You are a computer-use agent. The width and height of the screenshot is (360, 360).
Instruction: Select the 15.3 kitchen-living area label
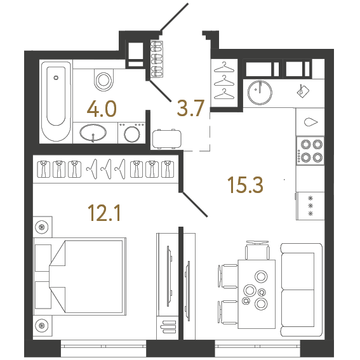point(245,185)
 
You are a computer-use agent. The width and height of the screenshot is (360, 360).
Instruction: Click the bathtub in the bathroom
point(57,101)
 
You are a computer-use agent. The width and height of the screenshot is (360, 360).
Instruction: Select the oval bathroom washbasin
point(94,134)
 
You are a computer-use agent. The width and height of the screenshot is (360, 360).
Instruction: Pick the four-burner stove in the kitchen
point(310,150)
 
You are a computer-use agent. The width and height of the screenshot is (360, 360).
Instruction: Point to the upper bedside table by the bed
point(43,227)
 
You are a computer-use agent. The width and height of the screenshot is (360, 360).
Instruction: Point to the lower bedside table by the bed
point(43,326)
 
